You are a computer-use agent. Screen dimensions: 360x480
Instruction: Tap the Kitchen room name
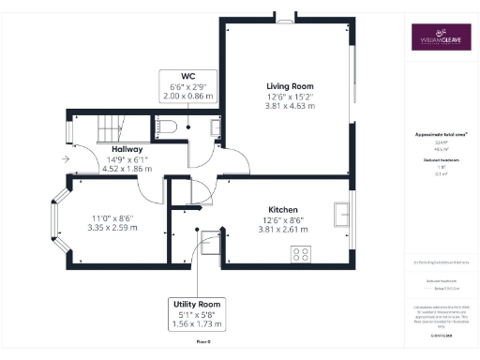283,209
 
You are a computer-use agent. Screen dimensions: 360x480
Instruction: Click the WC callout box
188,84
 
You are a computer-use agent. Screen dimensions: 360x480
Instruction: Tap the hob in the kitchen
302,252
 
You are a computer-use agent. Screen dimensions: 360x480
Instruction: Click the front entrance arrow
64,159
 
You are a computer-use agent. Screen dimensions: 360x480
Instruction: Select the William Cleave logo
442,41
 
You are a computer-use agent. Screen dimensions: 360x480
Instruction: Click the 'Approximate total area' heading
442,134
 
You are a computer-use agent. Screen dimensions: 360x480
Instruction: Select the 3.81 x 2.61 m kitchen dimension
282,230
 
